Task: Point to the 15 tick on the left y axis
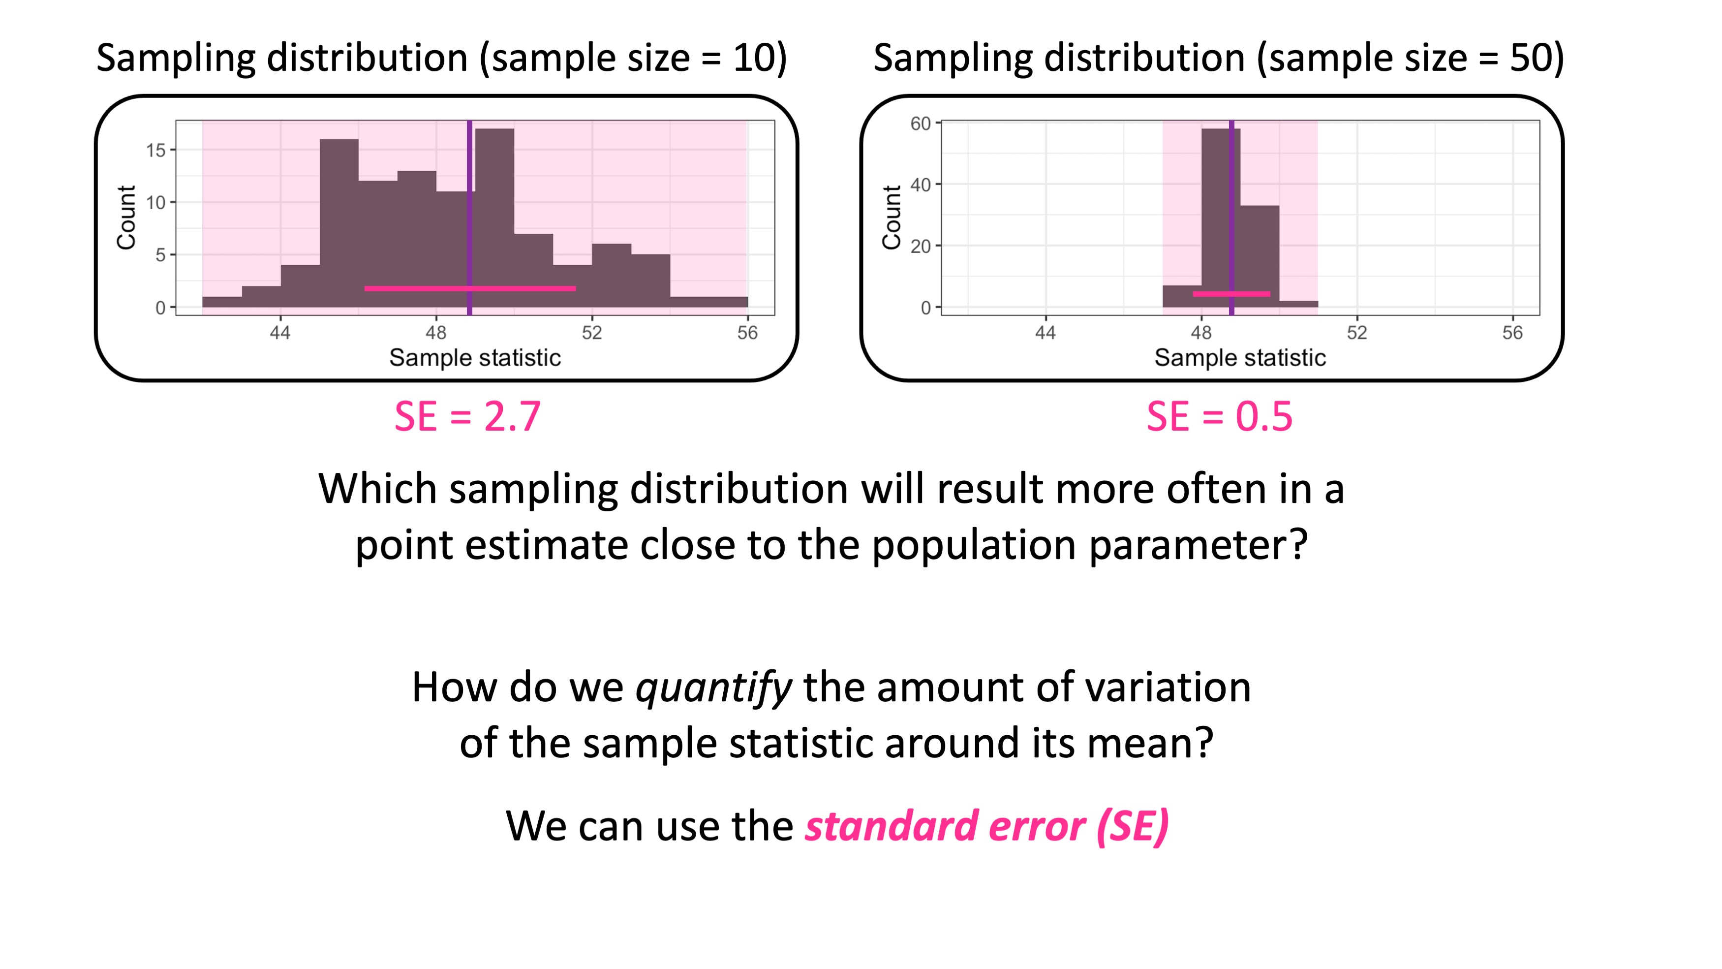pyautogui.click(x=156, y=151)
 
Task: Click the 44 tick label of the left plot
pyautogui.click(x=279, y=332)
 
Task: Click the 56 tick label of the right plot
pyautogui.click(x=1512, y=332)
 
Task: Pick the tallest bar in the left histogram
pyautogui.click(x=494, y=214)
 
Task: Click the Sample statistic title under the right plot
pyautogui.click(x=1239, y=358)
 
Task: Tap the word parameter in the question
pyautogui.click(x=1198, y=544)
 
